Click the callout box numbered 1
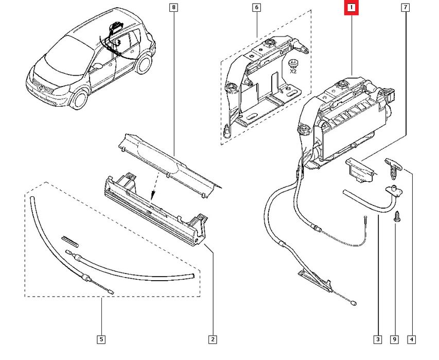pyautogui.click(x=352, y=8)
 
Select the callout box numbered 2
pyautogui.click(x=213, y=339)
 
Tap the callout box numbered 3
pyautogui.click(x=378, y=339)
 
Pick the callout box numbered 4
pyautogui.click(x=412, y=339)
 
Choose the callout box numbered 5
pyautogui.click(x=101, y=339)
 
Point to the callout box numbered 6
pyautogui.click(x=256, y=7)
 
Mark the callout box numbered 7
pyautogui.click(x=406, y=7)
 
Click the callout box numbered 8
pyautogui.click(x=173, y=7)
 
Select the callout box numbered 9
pyautogui.click(x=395, y=339)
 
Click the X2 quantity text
pyautogui.click(x=293, y=72)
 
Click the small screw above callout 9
pyautogui.click(x=397, y=216)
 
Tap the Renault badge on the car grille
pyautogui.click(x=40, y=88)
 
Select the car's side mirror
pyautogui.click(x=98, y=66)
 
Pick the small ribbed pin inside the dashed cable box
pyautogui.click(x=69, y=242)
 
